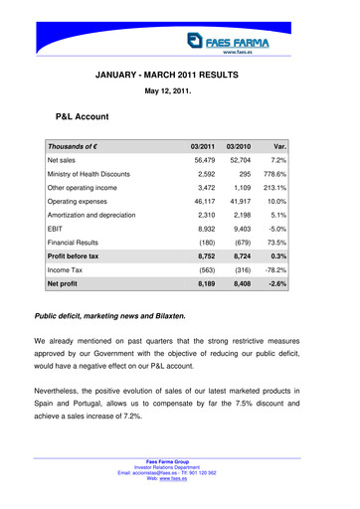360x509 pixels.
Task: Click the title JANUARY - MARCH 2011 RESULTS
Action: tap(181, 76)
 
